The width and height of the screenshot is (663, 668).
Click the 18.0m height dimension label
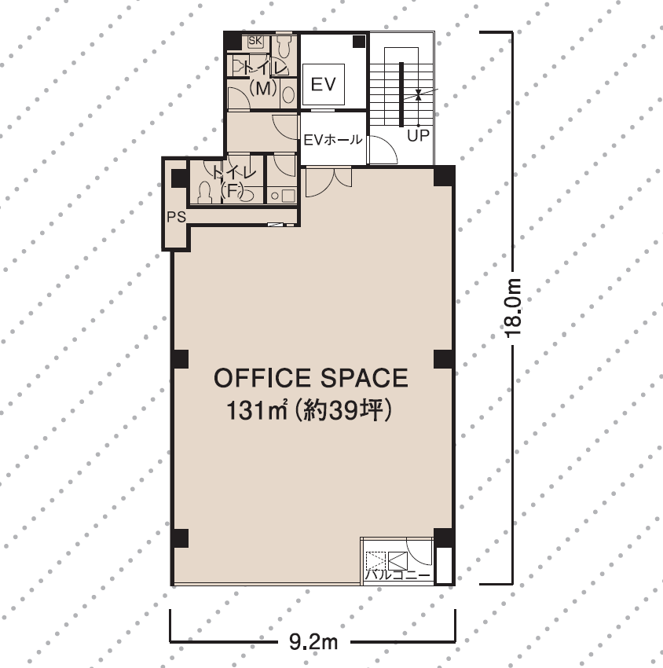coord(513,308)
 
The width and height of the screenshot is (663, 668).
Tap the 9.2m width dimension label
coord(313,641)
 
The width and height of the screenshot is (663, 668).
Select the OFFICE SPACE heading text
coord(311,378)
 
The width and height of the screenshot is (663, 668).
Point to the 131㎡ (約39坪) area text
coord(309,411)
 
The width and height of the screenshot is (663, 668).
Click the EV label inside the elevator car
coord(324,84)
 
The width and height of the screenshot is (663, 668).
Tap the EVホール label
coord(333,140)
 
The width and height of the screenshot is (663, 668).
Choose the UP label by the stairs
coord(418,136)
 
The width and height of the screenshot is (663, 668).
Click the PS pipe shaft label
coord(176,217)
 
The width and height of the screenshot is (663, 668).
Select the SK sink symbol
coord(255,41)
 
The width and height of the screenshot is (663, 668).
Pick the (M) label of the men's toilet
coord(263,89)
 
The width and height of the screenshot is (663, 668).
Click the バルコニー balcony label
coord(397,575)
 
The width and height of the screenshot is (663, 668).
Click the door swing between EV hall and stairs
coord(383,149)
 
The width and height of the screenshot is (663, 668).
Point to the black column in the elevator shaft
coord(359,42)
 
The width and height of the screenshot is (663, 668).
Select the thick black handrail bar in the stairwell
coord(401,94)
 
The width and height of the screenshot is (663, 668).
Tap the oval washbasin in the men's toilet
coord(289,94)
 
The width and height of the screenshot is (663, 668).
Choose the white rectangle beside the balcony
coord(444,565)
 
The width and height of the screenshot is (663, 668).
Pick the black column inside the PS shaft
coord(179,178)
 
